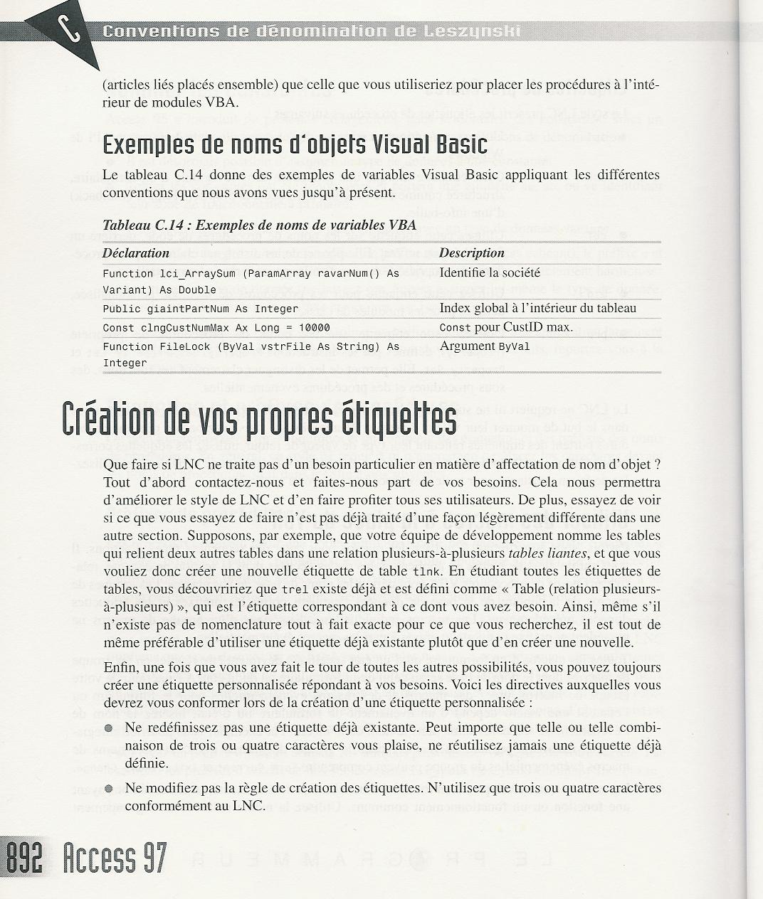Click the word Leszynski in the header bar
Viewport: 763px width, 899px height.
click(481, 31)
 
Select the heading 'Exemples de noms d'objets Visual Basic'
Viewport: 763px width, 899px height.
click(295, 145)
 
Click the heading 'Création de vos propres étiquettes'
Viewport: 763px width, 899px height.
click(259, 421)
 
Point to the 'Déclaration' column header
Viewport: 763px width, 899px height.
click(136, 253)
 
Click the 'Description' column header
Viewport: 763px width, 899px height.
click(471, 253)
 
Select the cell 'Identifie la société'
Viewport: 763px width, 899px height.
click(490, 272)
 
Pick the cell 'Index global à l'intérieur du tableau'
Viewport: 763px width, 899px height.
click(537, 308)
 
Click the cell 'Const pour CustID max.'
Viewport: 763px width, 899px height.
click(506, 327)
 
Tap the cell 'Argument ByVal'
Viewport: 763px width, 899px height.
click(485, 346)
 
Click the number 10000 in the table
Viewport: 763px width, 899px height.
click(314, 328)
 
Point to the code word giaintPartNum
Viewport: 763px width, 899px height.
click(178, 309)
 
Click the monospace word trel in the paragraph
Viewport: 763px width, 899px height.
click(295, 590)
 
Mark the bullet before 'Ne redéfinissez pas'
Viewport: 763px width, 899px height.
click(109, 728)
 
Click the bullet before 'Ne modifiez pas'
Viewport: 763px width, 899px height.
click(109, 788)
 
